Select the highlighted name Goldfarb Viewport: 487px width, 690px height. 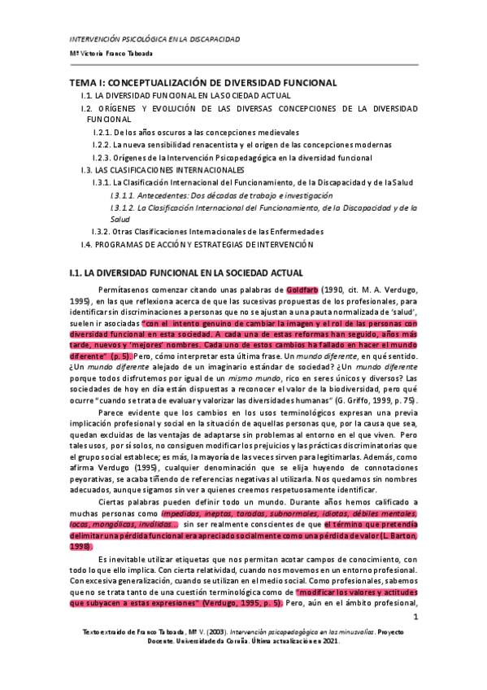point(301,290)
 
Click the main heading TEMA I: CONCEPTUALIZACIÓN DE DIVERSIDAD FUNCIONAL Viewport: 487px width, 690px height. point(202,82)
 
